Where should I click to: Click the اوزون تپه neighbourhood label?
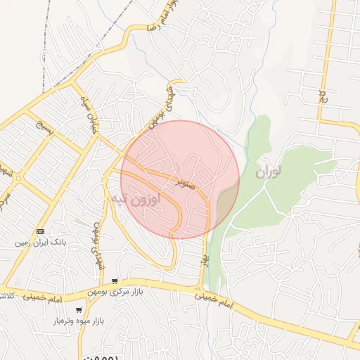pos(136,199)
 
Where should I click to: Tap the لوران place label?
pos(269,172)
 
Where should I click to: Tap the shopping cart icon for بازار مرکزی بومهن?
pos(115,281)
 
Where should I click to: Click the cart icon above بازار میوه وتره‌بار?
pos(79,309)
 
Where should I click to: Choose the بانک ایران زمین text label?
pos(41,241)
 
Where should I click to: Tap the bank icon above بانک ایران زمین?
pos(40,231)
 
